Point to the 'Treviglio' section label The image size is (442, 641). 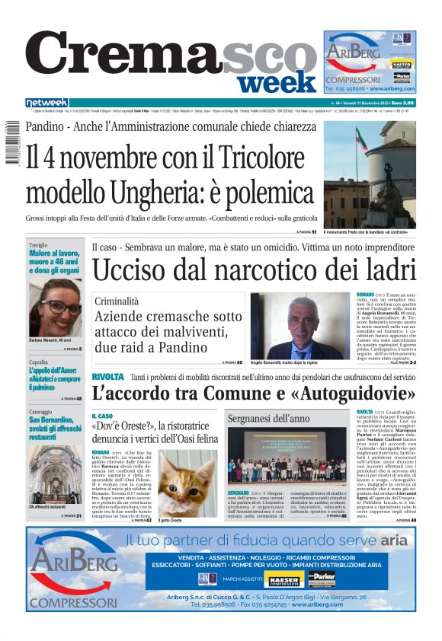coord(39,244)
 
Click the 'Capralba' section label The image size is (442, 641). coord(39,362)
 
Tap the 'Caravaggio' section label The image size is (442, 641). coord(41,412)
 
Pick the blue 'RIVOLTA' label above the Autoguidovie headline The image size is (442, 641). coord(107,377)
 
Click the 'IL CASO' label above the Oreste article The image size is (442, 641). coord(103,416)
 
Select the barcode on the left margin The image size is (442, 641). coord(11,144)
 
